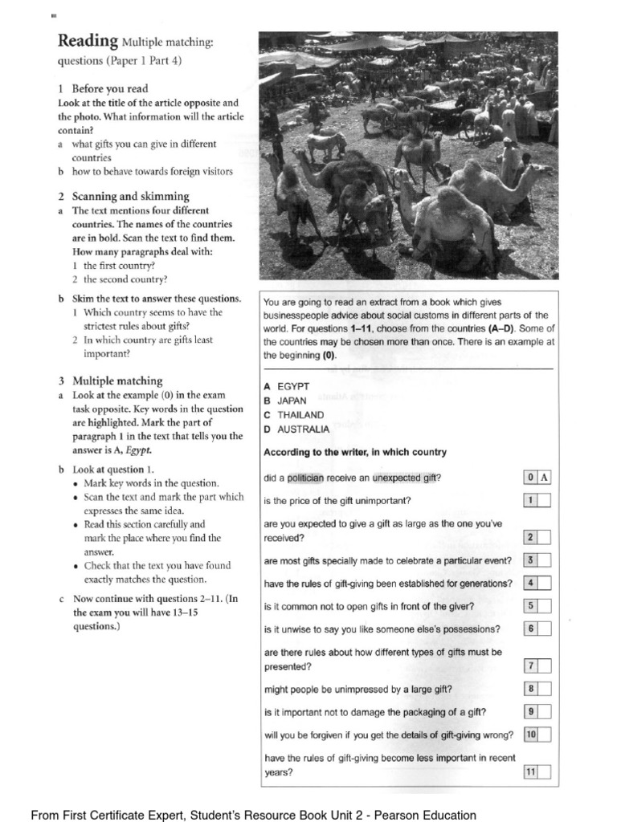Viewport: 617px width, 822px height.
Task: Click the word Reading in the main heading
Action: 88,41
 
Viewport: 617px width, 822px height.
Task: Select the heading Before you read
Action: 109,88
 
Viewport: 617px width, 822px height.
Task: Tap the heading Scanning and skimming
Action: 130,196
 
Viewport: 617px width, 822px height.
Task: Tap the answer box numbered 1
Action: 537,501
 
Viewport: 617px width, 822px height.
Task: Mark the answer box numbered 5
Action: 537,606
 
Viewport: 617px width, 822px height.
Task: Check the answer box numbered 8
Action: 537,688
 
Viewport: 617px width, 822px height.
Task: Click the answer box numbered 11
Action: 537,772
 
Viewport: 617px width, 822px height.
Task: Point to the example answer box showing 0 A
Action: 537,478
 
